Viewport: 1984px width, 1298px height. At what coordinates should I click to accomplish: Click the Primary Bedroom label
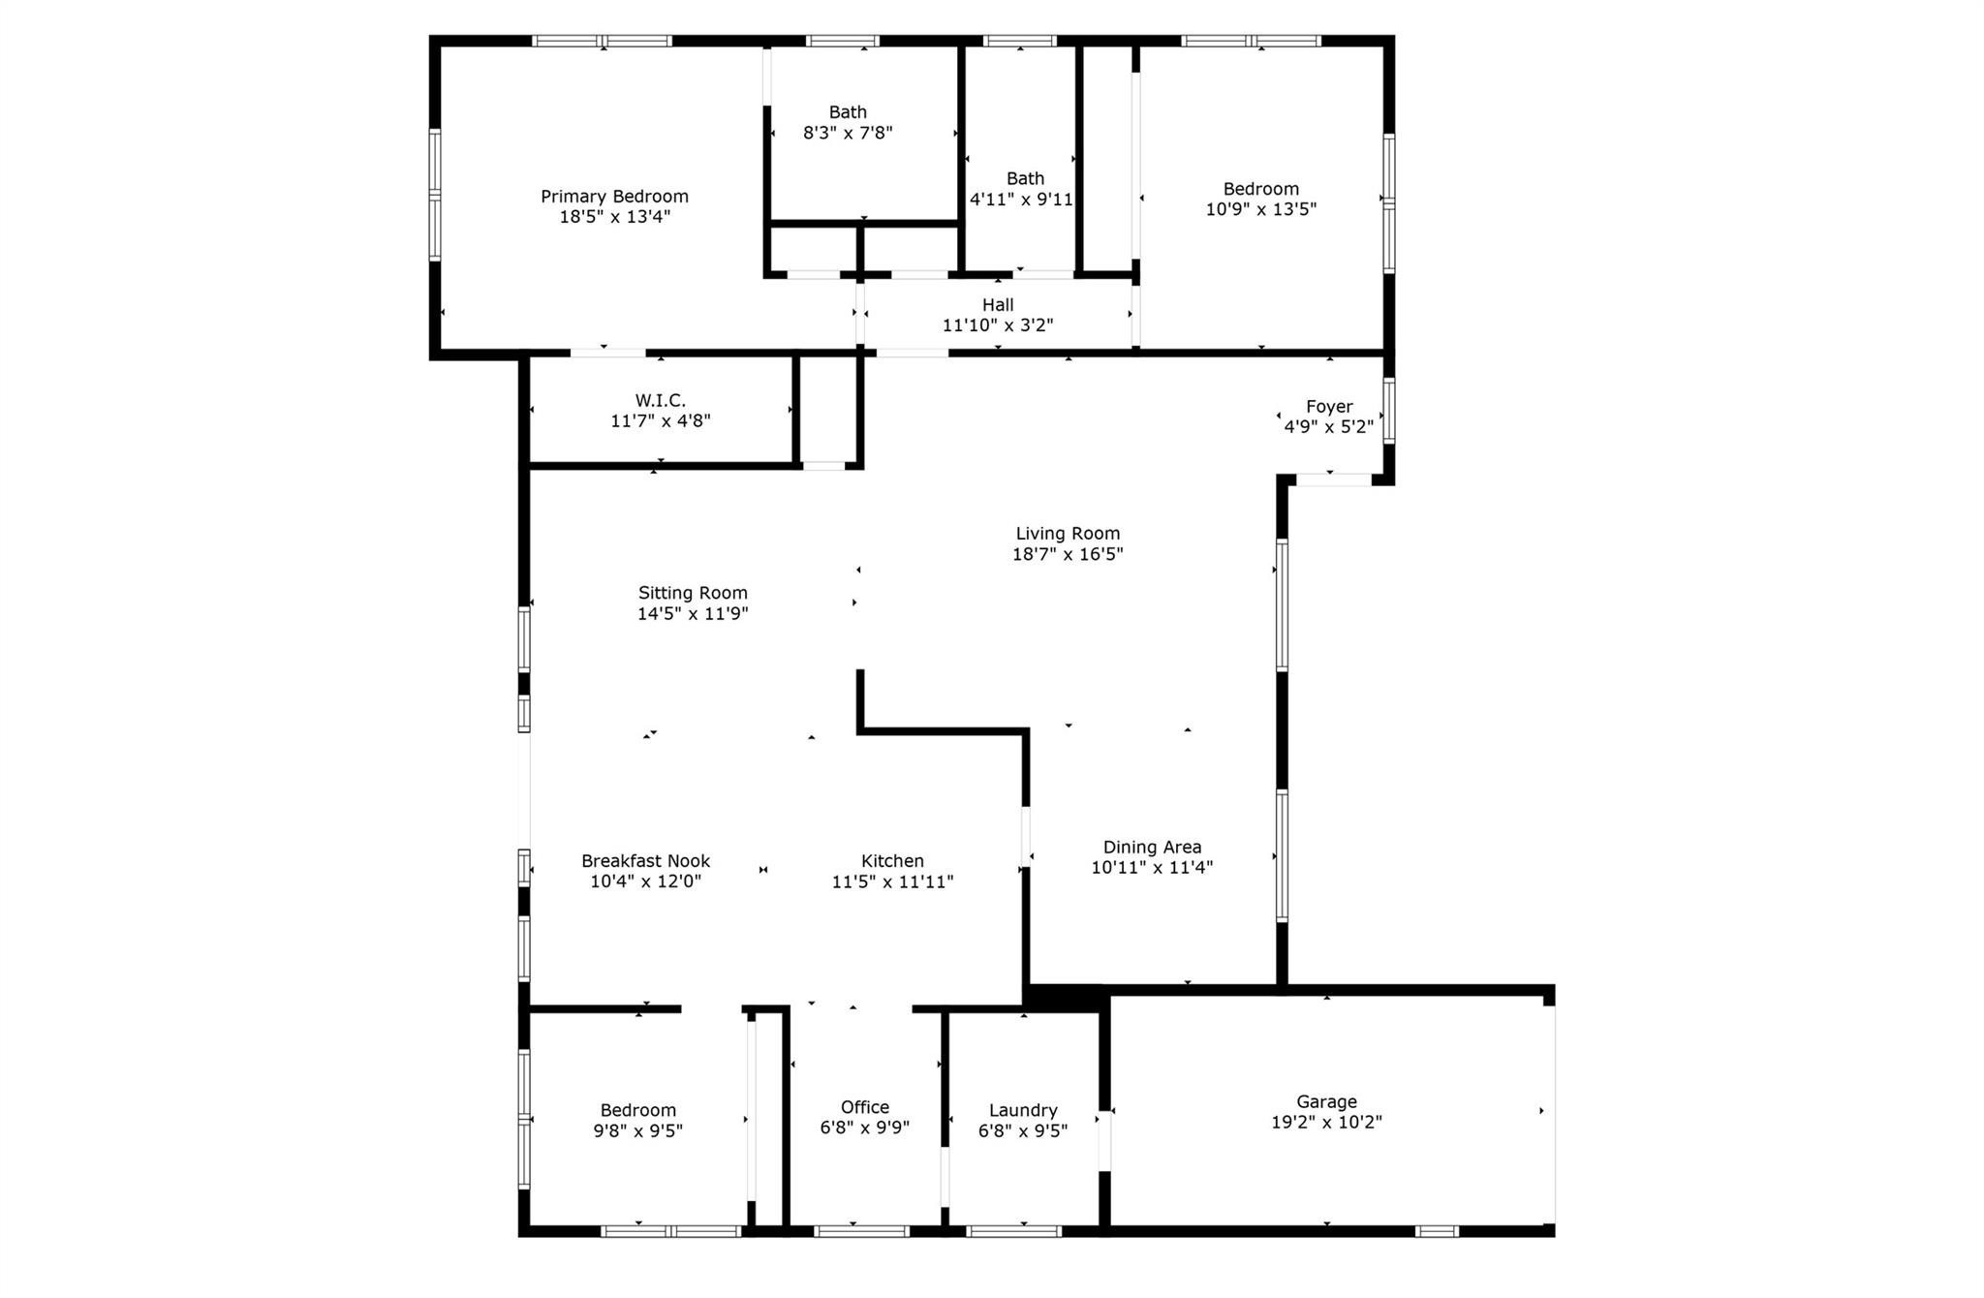pyautogui.click(x=614, y=197)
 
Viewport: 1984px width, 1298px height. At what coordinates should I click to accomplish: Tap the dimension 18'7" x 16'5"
pyautogui.click(x=1068, y=554)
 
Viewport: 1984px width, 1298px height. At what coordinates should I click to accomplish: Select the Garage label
pyautogui.click(x=1326, y=1101)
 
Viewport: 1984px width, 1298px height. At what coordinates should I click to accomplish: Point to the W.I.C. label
pyautogui.click(x=661, y=400)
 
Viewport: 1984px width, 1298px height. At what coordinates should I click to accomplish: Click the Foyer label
pyautogui.click(x=1329, y=407)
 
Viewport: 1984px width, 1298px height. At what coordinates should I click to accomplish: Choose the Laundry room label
pyautogui.click(x=1023, y=1110)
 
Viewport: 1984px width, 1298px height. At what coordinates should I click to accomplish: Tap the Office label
pyautogui.click(x=865, y=1107)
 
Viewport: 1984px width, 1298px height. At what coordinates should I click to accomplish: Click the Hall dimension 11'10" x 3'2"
pyautogui.click(x=998, y=325)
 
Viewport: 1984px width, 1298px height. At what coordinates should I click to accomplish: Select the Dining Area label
pyautogui.click(x=1152, y=847)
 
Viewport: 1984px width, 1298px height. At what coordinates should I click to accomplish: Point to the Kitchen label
pyautogui.click(x=892, y=861)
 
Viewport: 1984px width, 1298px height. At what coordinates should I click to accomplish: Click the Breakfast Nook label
pyautogui.click(x=645, y=861)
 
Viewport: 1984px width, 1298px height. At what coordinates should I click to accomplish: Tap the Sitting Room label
pyautogui.click(x=693, y=593)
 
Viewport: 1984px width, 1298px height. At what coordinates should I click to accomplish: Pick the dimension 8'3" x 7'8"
pyautogui.click(x=848, y=133)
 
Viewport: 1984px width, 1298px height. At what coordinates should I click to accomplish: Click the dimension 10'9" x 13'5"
pyautogui.click(x=1260, y=209)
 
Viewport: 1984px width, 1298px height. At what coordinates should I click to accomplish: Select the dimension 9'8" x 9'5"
pyautogui.click(x=637, y=1130)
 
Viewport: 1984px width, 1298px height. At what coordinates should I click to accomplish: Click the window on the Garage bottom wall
pyautogui.click(x=1437, y=1231)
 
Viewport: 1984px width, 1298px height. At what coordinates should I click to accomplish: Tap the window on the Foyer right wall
pyautogui.click(x=1389, y=411)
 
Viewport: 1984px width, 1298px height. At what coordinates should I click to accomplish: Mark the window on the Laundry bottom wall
pyautogui.click(x=1013, y=1231)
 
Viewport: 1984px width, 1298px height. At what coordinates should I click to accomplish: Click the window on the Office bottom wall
pyautogui.click(x=861, y=1231)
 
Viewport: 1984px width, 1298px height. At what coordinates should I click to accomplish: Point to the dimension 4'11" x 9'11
pyautogui.click(x=1021, y=200)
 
